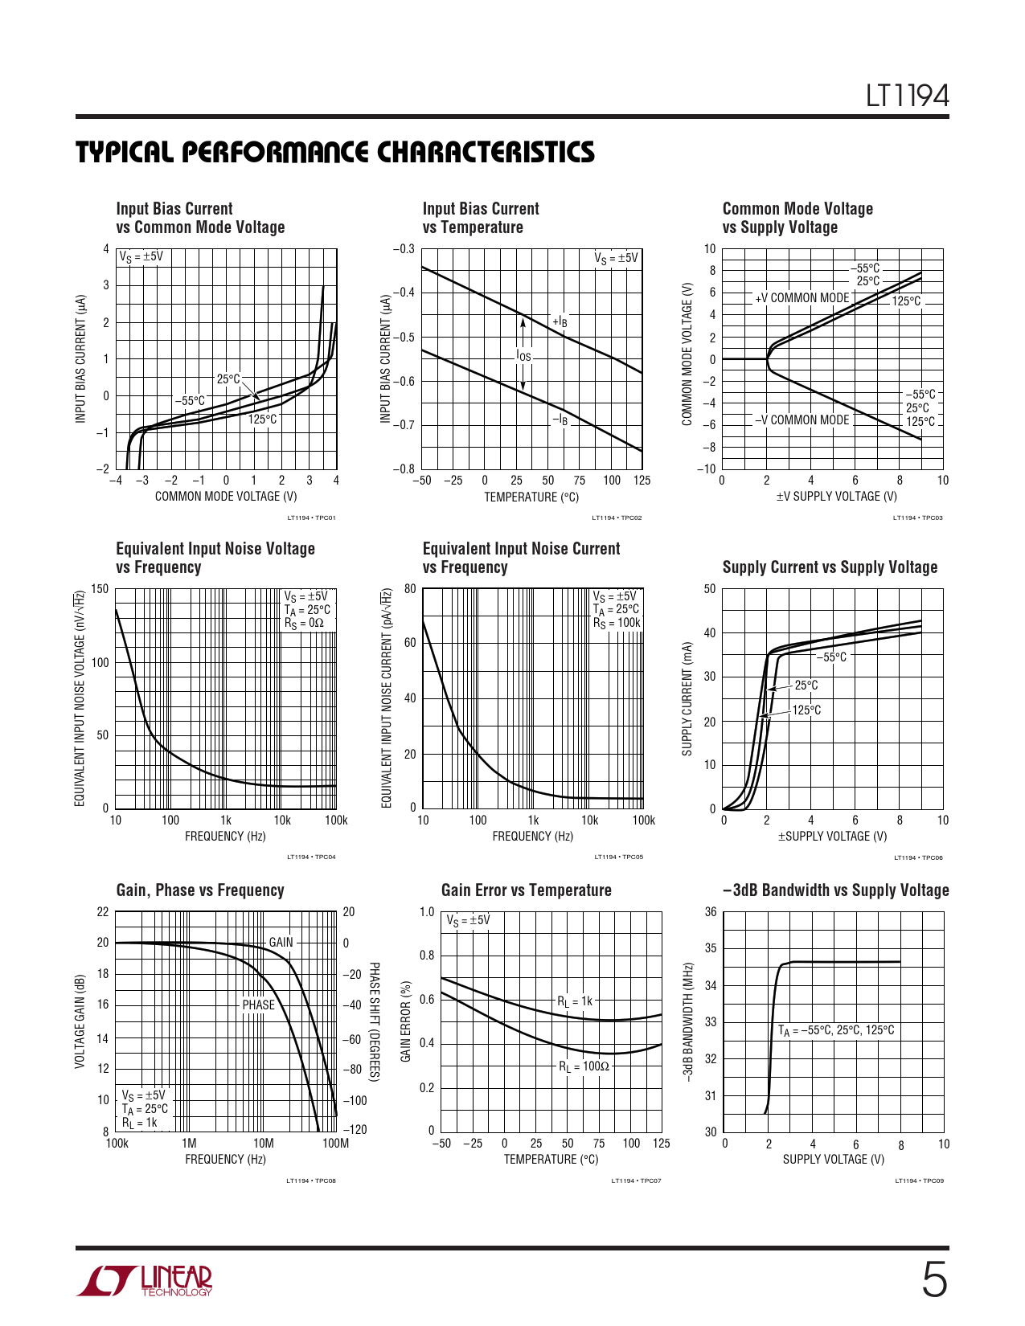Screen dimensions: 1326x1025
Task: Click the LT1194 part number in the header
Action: click(x=907, y=96)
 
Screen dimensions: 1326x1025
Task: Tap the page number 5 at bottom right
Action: click(x=933, y=1279)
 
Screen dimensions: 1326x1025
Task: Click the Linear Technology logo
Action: click(x=146, y=1281)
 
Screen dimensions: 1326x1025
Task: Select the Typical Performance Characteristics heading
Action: click(x=335, y=153)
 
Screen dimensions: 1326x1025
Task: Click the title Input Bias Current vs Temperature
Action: click(x=480, y=218)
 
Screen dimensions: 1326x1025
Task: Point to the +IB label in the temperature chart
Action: click(x=560, y=322)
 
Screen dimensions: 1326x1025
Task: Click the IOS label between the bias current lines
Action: click(x=523, y=356)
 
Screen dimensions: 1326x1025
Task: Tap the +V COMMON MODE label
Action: click(x=802, y=298)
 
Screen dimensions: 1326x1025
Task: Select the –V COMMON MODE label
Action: click(x=802, y=419)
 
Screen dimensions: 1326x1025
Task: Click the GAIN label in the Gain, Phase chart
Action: click(x=281, y=942)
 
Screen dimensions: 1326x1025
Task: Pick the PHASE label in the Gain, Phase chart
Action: click(x=258, y=1005)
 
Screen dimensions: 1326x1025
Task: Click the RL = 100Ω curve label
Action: click(x=584, y=1067)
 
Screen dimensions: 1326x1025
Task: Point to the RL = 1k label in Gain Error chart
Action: click(x=575, y=1001)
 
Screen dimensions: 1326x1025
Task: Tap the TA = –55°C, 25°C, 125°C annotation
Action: click(x=835, y=1030)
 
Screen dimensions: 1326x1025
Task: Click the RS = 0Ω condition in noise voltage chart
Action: click(x=304, y=623)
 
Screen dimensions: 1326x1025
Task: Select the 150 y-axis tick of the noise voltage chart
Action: click(x=100, y=589)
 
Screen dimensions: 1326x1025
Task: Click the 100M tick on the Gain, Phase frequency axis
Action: click(x=335, y=1143)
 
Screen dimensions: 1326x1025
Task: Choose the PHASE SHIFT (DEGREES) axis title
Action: click(x=374, y=1021)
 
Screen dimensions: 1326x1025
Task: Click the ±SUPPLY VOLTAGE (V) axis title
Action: click(x=832, y=837)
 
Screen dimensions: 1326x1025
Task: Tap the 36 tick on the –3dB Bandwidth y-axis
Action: click(x=711, y=912)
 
